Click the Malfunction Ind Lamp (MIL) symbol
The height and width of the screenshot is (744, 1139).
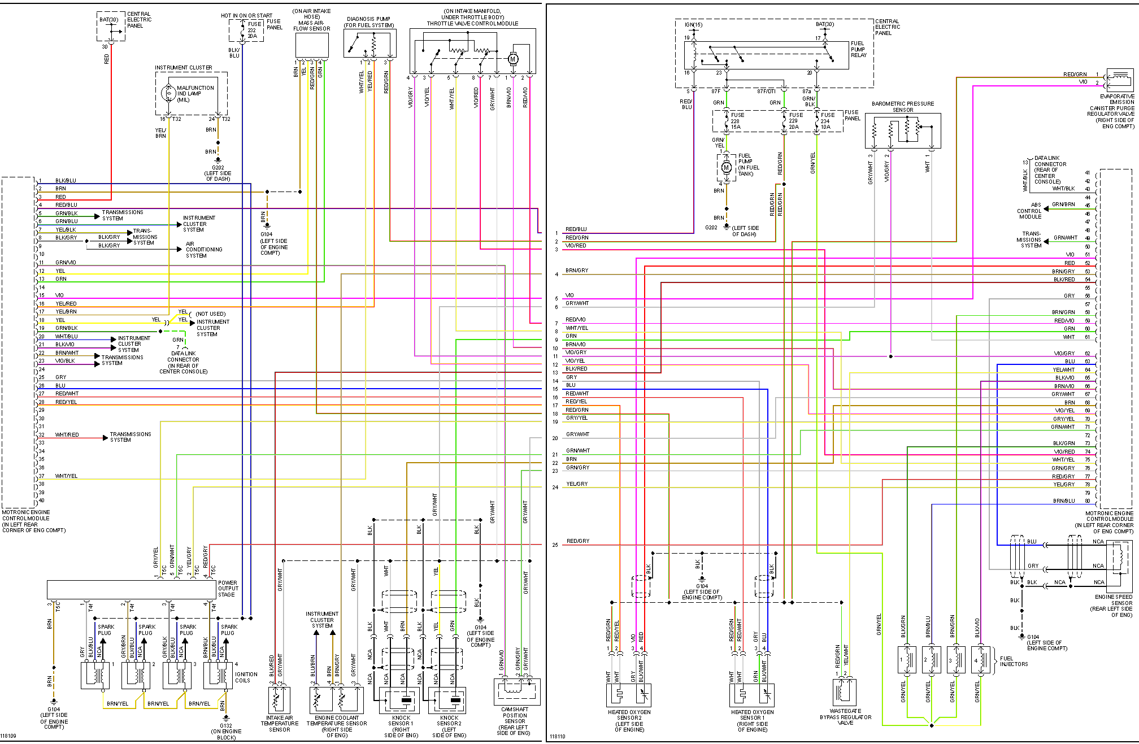click(168, 94)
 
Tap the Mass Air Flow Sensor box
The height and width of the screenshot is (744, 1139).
click(312, 45)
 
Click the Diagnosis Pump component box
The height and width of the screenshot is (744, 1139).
click(370, 43)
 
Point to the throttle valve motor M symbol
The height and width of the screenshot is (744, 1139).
click(513, 59)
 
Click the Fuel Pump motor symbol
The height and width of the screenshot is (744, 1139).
click(727, 168)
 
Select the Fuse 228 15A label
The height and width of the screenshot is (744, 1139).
click(737, 121)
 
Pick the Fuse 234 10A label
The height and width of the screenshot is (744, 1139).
click(827, 121)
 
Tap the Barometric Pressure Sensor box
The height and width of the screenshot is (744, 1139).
click(903, 130)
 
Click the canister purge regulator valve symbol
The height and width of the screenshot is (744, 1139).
click(1119, 80)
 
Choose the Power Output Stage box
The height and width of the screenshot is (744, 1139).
click(132, 589)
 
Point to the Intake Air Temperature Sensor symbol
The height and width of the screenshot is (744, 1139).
click(279, 699)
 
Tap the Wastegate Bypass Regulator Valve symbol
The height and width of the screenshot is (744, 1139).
click(845, 692)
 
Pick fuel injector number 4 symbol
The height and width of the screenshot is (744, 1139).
click(982, 660)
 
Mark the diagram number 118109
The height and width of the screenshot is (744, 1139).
click(8, 736)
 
